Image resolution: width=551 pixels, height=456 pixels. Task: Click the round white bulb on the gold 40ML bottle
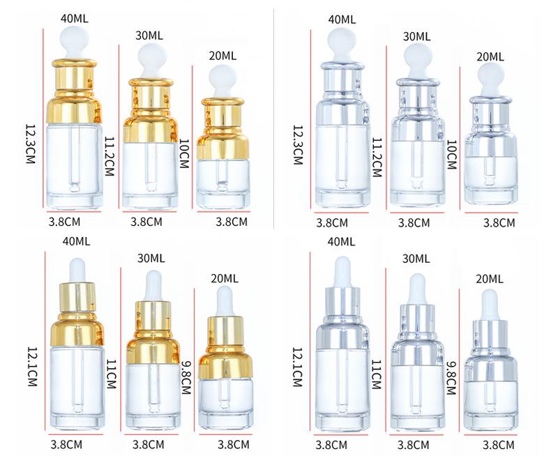click(75, 40)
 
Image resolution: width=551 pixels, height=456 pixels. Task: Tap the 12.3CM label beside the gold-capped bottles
click(31, 144)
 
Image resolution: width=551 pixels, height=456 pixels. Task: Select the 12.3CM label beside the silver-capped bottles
click(298, 145)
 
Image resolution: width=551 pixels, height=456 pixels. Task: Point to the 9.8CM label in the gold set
click(186, 378)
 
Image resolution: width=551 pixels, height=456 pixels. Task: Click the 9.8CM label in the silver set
click(451, 379)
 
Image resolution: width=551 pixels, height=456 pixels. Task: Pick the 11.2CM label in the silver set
click(377, 157)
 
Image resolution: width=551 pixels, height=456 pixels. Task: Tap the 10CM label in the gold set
click(184, 153)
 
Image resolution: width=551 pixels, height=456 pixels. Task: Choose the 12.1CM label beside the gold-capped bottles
click(32, 367)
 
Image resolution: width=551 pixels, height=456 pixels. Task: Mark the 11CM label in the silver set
click(377, 374)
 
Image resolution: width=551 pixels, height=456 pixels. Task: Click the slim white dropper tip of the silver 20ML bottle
click(490, 304)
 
